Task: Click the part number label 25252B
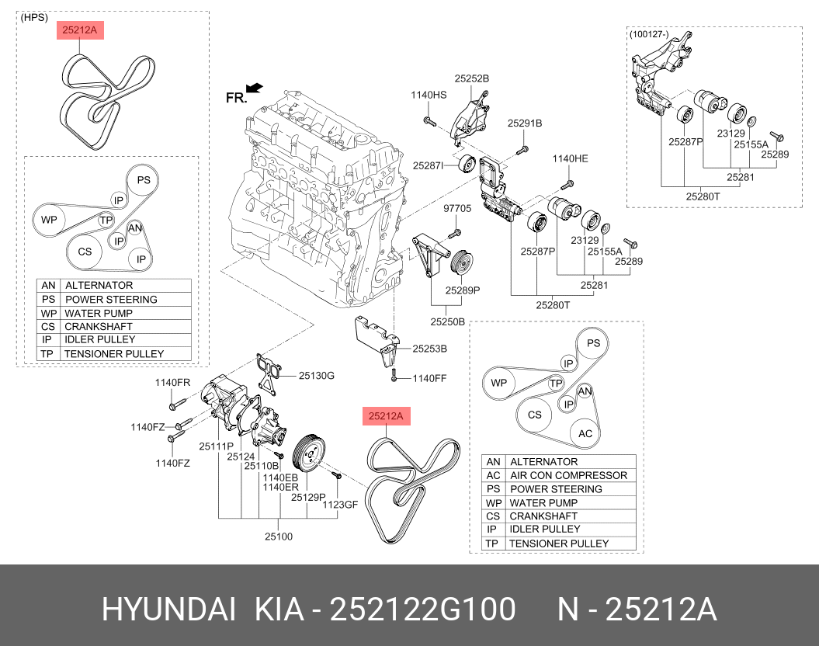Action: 472,78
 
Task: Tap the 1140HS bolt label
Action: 429,95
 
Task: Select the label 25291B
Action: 525,123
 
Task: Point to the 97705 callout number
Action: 457,208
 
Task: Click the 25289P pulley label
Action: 463,290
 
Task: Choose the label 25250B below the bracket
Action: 448,321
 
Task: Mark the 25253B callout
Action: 430,349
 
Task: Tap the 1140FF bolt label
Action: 429,378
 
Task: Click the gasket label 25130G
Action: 317,376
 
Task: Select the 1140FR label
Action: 172,382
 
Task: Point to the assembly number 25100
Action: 279,536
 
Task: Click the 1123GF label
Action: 340,504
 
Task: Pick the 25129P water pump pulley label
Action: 308,497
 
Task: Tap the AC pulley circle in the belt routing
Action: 585,434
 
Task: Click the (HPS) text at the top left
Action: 33,17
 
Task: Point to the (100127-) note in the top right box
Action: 650,34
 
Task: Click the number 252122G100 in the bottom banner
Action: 423,610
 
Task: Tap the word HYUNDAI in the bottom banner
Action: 168,610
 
